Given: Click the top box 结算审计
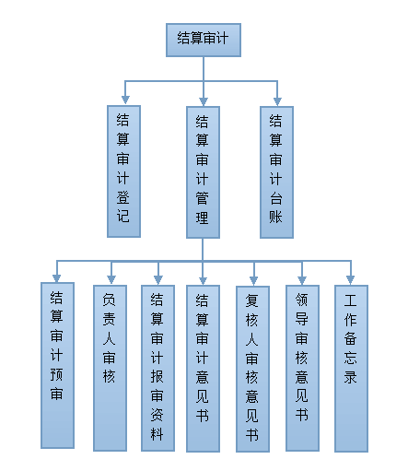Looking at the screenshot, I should click(x=203, y=40).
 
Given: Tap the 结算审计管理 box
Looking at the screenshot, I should click(x=203, y=171).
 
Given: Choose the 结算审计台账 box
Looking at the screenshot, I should click(x=276, y=171).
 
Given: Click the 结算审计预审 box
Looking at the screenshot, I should click(x=57, y=364).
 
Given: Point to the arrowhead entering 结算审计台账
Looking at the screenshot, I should click(x=276, y=98).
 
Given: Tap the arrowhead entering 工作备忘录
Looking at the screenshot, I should click(x=351, y=278).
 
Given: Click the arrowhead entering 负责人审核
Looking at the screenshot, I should click(x=110, y=278).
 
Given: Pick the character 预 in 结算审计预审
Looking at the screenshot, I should click(x=57, y=376).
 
